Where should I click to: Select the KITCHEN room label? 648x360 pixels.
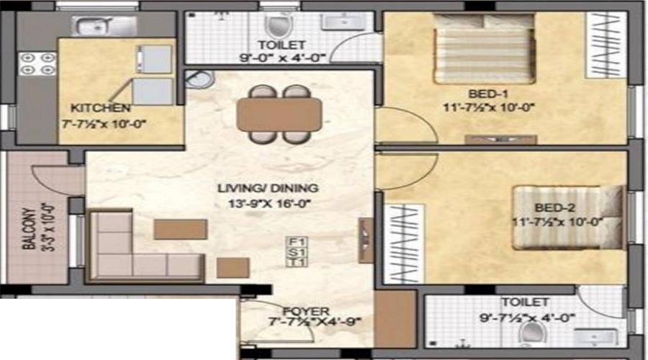(x=100, y=108)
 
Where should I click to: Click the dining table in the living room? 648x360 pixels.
(x=279, y=114)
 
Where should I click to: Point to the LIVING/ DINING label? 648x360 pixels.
(x=268, y=189)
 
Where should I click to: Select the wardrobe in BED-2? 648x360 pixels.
(x=401, y=242)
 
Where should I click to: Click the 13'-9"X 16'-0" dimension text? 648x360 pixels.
(x=268, y=204)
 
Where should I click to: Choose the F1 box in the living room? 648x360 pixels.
(x=293, y=241)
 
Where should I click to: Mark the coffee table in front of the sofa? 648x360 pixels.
(x=180, y=229)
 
